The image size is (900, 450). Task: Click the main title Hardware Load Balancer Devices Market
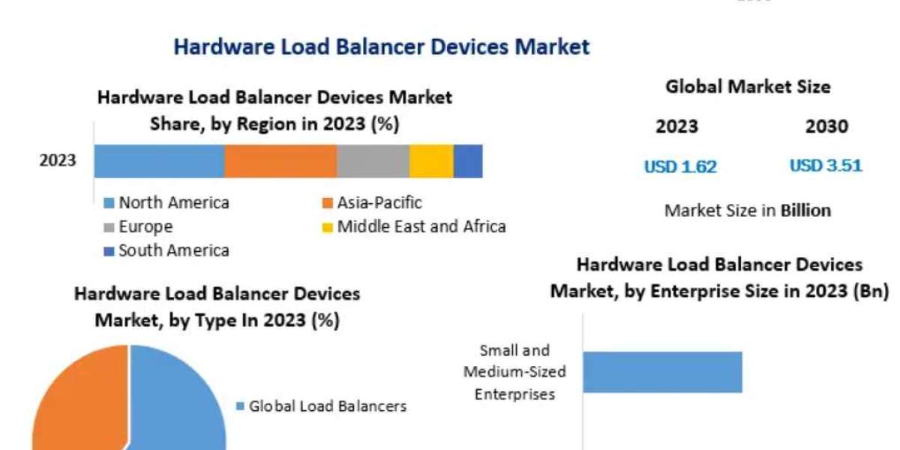coord(381,46)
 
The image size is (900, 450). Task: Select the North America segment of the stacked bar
coord(159,161)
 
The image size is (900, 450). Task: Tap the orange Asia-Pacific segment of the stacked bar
coord(280,161)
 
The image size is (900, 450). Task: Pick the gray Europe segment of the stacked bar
coord(373,161)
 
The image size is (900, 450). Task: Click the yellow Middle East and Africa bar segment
coord(431,161)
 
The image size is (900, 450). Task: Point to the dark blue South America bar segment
coord(468,161)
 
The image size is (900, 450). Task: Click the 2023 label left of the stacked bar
coord(58,161)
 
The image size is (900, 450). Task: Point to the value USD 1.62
coord(680,166)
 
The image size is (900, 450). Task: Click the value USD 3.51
coord(826,166)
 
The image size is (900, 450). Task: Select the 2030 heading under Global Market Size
coord(826,127)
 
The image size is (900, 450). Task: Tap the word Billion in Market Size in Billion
coord(805,210)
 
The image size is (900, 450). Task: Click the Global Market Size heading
coord(748,87)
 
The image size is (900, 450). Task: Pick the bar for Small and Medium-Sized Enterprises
coord(662,372)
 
